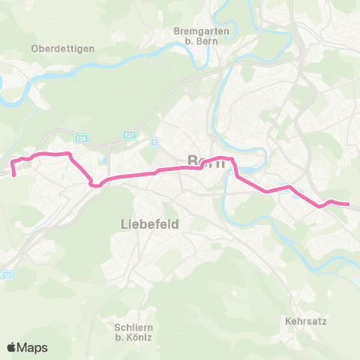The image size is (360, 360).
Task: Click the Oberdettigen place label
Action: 63,49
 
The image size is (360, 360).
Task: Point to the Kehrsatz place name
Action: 304,320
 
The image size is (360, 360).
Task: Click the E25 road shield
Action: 81,137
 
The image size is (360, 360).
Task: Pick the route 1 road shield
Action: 154,142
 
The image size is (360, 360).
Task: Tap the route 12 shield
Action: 7,275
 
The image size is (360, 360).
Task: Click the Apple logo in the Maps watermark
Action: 13,347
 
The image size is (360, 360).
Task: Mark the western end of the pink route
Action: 13,176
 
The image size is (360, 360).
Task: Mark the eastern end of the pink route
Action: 349,204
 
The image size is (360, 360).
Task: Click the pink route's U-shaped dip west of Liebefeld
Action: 94,184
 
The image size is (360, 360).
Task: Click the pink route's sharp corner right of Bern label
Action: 235,160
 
